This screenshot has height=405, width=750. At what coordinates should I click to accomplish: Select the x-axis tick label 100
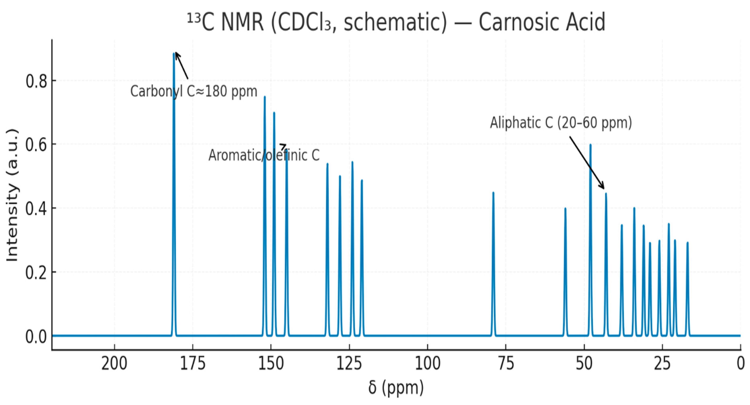click(x=427, y=364)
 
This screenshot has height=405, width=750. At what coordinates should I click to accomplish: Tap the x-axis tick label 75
click(x=506, y=364)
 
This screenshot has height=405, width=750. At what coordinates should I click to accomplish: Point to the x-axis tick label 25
click(x=662, y=364)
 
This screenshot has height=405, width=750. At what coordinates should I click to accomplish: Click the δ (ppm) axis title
click(x=396, y=387)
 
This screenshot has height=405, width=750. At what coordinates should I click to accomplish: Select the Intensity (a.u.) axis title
click(x=12, y=195)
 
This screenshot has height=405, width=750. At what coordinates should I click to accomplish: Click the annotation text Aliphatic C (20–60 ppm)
click(x=561, y=123)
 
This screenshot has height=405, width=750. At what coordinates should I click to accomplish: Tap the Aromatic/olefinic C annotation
click(x=264, y=155)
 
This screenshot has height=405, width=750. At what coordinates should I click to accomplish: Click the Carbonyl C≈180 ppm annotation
click(x=194, y=91)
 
